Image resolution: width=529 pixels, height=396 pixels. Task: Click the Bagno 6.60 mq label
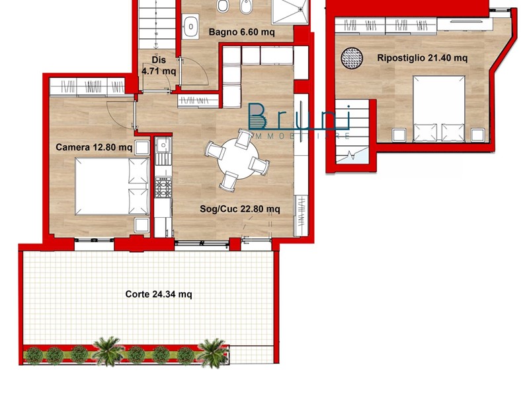tap(241, 32)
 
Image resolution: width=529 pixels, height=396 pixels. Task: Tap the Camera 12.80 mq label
tap(94, 147)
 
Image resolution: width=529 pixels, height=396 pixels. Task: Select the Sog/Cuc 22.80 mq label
tap(240, 209)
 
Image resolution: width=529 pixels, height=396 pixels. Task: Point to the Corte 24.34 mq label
tap(159, 294)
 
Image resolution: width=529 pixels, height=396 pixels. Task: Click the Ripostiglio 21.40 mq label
tap(423, 57)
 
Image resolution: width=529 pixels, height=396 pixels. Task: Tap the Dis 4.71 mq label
tap(159, 65)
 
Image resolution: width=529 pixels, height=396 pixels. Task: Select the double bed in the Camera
tap(112, 186)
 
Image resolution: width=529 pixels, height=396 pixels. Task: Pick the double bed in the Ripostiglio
tap(439, 108)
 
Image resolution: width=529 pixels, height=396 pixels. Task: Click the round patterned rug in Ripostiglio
tap(352, 58)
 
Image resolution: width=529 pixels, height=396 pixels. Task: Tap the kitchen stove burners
tap(163, 187)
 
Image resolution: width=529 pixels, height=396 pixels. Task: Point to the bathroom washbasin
tap(191, 26)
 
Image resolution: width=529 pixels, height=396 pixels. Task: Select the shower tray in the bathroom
tap(290, 11)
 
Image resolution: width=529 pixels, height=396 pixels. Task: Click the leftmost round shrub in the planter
tap(34, 356)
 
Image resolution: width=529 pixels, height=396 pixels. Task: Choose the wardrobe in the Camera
tap(87, 87)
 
